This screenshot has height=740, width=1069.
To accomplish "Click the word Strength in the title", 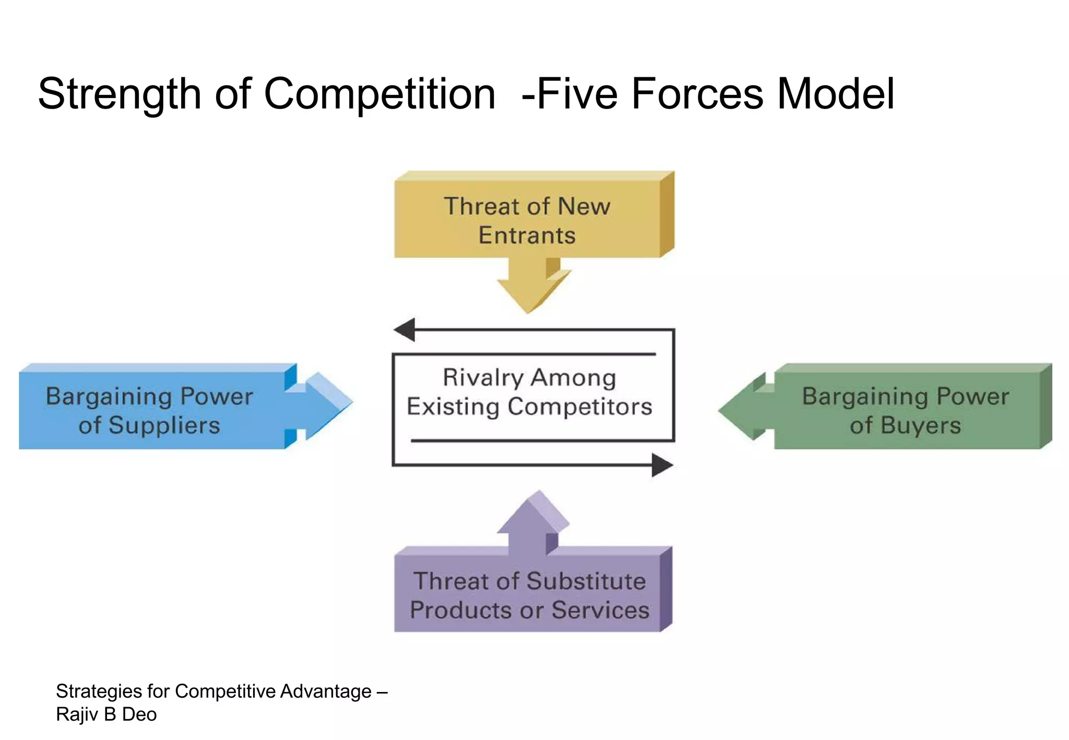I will (x=120, y=95).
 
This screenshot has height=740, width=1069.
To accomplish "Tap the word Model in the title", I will (x=836, y=94).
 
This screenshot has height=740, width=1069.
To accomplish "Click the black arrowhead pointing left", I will (x=405, y=330).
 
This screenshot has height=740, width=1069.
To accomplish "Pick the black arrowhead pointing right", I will (x=662, y=465).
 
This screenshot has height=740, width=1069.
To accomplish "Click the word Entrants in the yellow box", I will (x=527, y=235).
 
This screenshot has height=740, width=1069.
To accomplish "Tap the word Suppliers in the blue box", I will (x=164, y=425).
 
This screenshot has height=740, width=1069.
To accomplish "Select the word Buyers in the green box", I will (x=921, y=425).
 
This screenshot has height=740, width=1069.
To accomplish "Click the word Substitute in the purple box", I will (x=586, y=581).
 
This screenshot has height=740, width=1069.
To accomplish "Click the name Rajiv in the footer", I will (x=77, y=714).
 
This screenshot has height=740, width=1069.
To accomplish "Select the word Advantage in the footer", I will (x=326, y=691).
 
